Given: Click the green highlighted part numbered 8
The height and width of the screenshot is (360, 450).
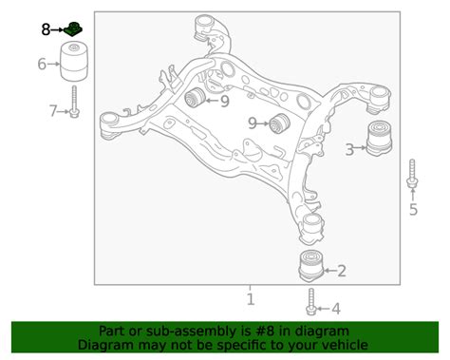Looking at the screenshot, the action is click(73, 28).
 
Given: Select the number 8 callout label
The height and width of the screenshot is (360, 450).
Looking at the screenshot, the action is click(46, 29).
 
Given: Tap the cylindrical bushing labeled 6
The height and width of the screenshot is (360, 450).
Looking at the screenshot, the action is click(74, 62).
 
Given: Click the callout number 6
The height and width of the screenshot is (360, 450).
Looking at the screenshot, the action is click(42, 64).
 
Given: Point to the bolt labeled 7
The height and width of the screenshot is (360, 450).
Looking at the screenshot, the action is click(74, 102).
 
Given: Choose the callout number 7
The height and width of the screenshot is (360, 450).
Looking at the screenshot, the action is click(53, 111).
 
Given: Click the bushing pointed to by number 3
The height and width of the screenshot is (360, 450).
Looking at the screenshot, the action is click(379, 138).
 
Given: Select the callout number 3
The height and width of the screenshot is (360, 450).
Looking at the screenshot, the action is click(349, 149).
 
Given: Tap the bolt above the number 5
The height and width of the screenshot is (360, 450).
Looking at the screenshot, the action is click(412, 174).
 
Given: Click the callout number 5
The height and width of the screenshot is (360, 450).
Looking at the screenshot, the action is click(413, 209).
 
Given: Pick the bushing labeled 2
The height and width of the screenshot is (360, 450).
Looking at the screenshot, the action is click(311, 266).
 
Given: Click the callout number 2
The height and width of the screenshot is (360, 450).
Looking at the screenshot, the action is click(342, 271).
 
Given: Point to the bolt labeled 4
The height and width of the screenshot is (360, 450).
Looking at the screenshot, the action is click(311, 302).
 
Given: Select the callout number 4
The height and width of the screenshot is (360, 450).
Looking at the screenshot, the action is click(336, 309).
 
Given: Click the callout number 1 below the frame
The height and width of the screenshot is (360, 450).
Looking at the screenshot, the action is click(251, 299).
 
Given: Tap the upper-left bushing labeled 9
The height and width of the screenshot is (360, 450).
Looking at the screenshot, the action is click(196, 97).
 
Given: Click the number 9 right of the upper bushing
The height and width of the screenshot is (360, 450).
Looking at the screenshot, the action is click(225, 102).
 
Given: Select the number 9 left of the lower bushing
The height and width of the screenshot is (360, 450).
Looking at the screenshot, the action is click(253, 123).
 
